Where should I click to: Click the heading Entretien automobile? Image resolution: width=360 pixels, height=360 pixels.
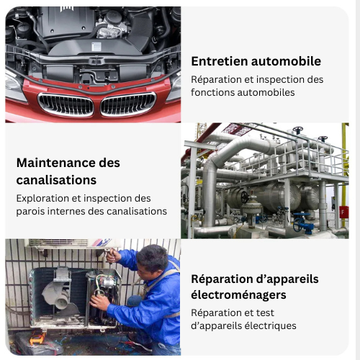256,61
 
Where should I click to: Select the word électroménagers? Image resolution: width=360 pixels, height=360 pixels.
238,294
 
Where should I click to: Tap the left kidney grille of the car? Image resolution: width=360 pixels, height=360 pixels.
66,104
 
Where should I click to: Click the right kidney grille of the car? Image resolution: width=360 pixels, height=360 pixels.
128,104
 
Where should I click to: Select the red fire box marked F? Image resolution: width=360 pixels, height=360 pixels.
343,212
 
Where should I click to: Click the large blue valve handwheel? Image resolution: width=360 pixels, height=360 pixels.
298,225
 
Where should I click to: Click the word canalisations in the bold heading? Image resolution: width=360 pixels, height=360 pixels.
56,180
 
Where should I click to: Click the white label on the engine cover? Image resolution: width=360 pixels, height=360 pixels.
96,47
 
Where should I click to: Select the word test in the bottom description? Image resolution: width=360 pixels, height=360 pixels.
265,313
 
